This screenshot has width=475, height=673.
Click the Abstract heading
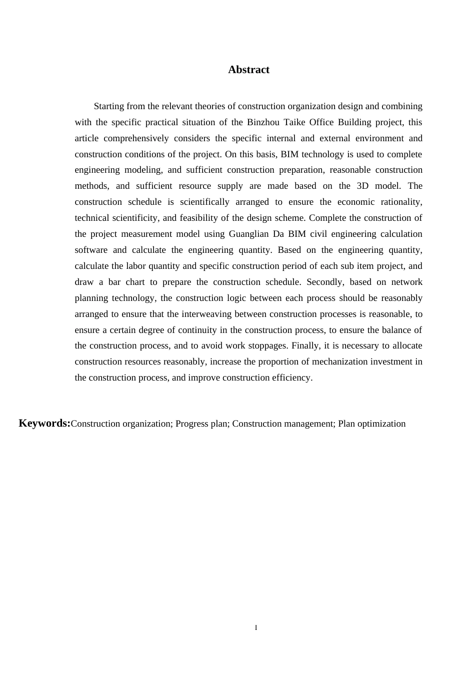pos(248,70)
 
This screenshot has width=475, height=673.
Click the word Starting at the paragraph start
pos(109,106)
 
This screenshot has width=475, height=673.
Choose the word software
pos(91,250)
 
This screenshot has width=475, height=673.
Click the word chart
pos(135,282)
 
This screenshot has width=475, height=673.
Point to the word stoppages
pos(268,346)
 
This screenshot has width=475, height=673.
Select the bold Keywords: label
pos(44,423)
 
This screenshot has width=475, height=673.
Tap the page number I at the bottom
pos(256,627)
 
